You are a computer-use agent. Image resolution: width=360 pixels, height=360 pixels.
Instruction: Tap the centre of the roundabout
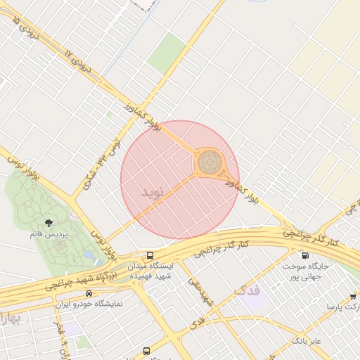(208, 162)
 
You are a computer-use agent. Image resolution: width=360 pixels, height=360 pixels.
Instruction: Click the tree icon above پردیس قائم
(49, 223)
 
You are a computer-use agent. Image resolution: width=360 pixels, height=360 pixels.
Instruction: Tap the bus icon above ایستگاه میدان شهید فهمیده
(150, 256)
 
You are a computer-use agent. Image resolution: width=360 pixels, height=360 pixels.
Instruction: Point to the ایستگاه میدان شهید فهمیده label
(150, 271)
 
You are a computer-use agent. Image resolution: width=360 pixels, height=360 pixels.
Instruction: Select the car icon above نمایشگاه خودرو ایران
(88, 292)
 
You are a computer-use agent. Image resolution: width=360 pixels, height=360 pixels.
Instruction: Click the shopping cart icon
(353, 297)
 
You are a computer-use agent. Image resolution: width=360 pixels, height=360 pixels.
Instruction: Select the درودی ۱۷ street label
(77, 63)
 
